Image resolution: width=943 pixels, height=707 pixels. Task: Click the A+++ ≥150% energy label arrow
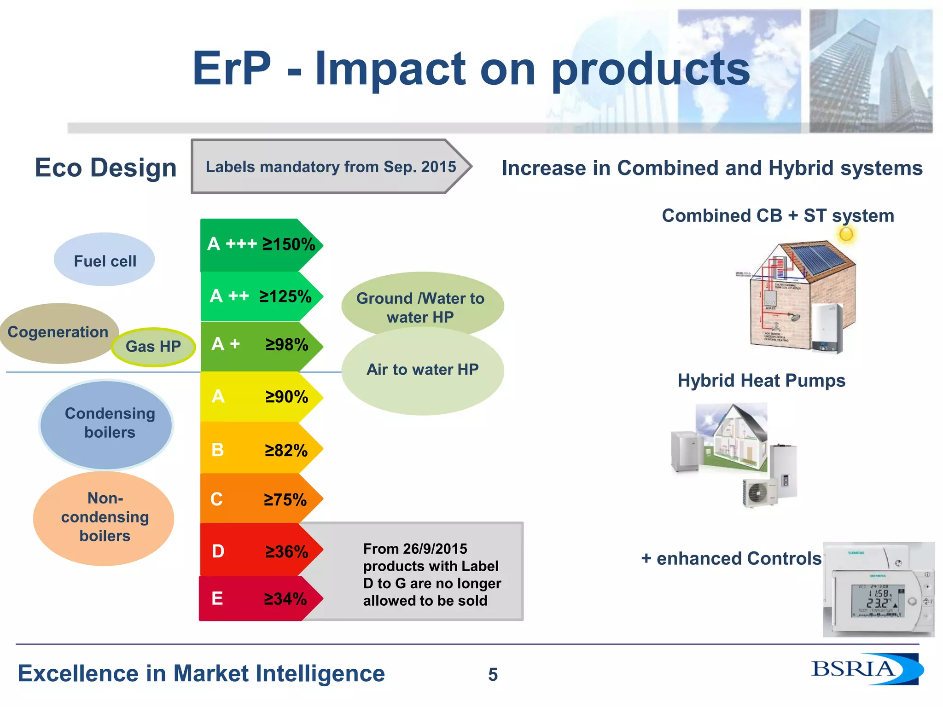coord(261,244)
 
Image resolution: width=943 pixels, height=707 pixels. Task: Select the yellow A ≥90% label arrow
coord(261,396)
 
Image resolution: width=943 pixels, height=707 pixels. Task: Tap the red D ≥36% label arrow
coord(261,551)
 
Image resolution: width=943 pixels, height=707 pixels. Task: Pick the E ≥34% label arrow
coord(260,598)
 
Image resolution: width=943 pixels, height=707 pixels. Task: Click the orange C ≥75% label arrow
coord(261,499)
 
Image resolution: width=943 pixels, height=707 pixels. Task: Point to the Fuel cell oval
coord(105,260)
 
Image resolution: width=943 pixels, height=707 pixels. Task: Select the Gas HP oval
coord(153,347)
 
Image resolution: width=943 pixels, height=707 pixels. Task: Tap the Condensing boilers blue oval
coord(106,424)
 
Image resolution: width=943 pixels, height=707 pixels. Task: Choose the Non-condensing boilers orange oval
coord(104,518)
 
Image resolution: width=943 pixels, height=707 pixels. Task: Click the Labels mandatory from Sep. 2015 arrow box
coord(331,167)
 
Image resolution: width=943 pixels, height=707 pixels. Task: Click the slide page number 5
coord(493,674)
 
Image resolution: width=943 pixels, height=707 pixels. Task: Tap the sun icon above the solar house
coord(846,234)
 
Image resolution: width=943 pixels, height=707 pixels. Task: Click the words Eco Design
coord(105,168)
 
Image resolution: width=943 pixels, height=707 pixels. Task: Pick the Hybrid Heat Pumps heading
coord(761,381)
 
